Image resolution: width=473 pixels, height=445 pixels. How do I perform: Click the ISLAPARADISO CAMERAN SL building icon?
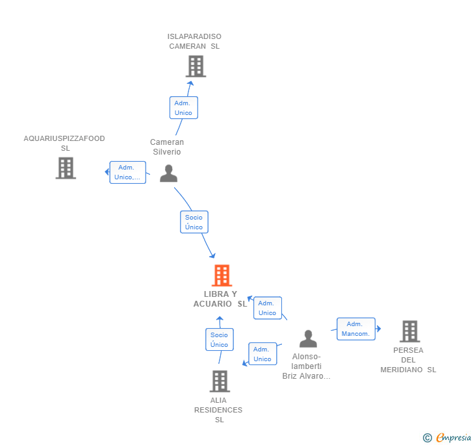[x=196, y=66]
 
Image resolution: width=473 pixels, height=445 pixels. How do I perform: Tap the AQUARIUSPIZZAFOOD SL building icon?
[x=66, y=168]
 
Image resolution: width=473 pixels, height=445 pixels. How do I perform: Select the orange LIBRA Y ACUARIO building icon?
[x=222, y=276]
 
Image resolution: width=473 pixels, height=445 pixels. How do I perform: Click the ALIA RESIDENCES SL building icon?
[x=220, y=381]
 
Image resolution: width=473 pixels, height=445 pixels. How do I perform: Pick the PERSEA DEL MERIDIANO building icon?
[x=409, y=331]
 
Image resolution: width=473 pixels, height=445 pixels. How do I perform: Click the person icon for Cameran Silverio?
[x=168, y=173]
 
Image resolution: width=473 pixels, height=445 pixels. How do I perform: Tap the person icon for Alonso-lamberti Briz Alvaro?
[x=308, y=338]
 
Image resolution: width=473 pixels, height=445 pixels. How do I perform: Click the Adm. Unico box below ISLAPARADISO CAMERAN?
[x=183, y=108]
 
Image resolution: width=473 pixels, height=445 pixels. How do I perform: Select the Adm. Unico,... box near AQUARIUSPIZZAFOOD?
[x=127, y=172]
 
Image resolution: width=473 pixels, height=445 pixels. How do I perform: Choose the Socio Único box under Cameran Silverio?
[x=194, y=222]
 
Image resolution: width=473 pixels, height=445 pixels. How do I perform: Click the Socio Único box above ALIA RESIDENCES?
[x=219, y=340]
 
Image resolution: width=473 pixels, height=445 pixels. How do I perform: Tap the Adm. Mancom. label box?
[x=355, y=329]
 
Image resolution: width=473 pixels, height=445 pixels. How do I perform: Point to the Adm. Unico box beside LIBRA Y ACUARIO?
[x=267, y=308]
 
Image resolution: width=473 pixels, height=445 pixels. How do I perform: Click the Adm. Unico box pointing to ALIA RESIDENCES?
[x=262, y=354]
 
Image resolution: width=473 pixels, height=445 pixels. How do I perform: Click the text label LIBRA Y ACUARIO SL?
[x=220, y=299]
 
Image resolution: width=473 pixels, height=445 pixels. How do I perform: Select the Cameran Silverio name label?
[x=167, y=147]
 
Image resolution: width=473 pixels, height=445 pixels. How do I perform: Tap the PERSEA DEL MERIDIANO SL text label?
[x=408, y=360]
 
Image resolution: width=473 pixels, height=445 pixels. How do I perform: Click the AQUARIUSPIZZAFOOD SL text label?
[x=64, y=143]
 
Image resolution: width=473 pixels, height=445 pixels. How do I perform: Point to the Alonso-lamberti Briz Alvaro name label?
[x=307, y=366]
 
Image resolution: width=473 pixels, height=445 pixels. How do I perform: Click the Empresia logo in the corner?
[x=452, y=438]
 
